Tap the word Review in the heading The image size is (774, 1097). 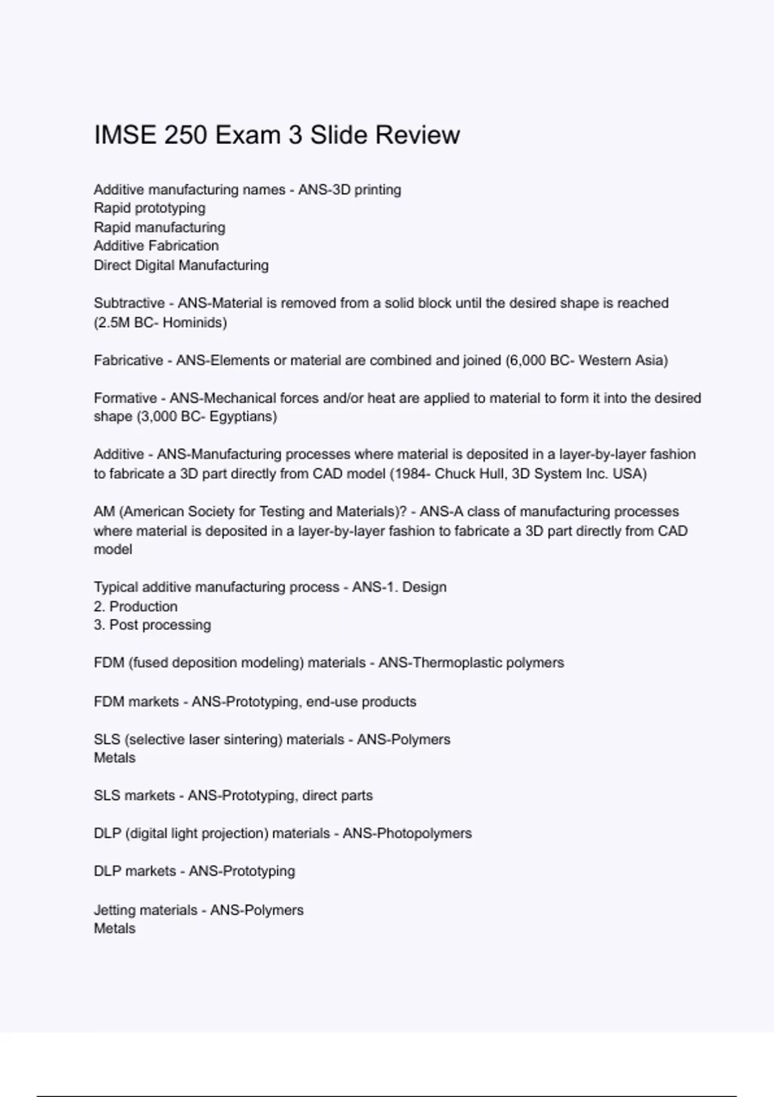(417, 136)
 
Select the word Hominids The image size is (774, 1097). (193, 323)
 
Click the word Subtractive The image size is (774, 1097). (129, 303)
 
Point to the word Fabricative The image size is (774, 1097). (128, 361)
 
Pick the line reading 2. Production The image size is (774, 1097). (135, 607)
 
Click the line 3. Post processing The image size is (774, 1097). (152, 625)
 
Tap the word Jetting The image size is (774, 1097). (114, 911)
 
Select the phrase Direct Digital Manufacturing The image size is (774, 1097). (181, 265)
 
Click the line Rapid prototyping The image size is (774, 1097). (150, 208)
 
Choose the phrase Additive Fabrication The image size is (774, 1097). (156, 246)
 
